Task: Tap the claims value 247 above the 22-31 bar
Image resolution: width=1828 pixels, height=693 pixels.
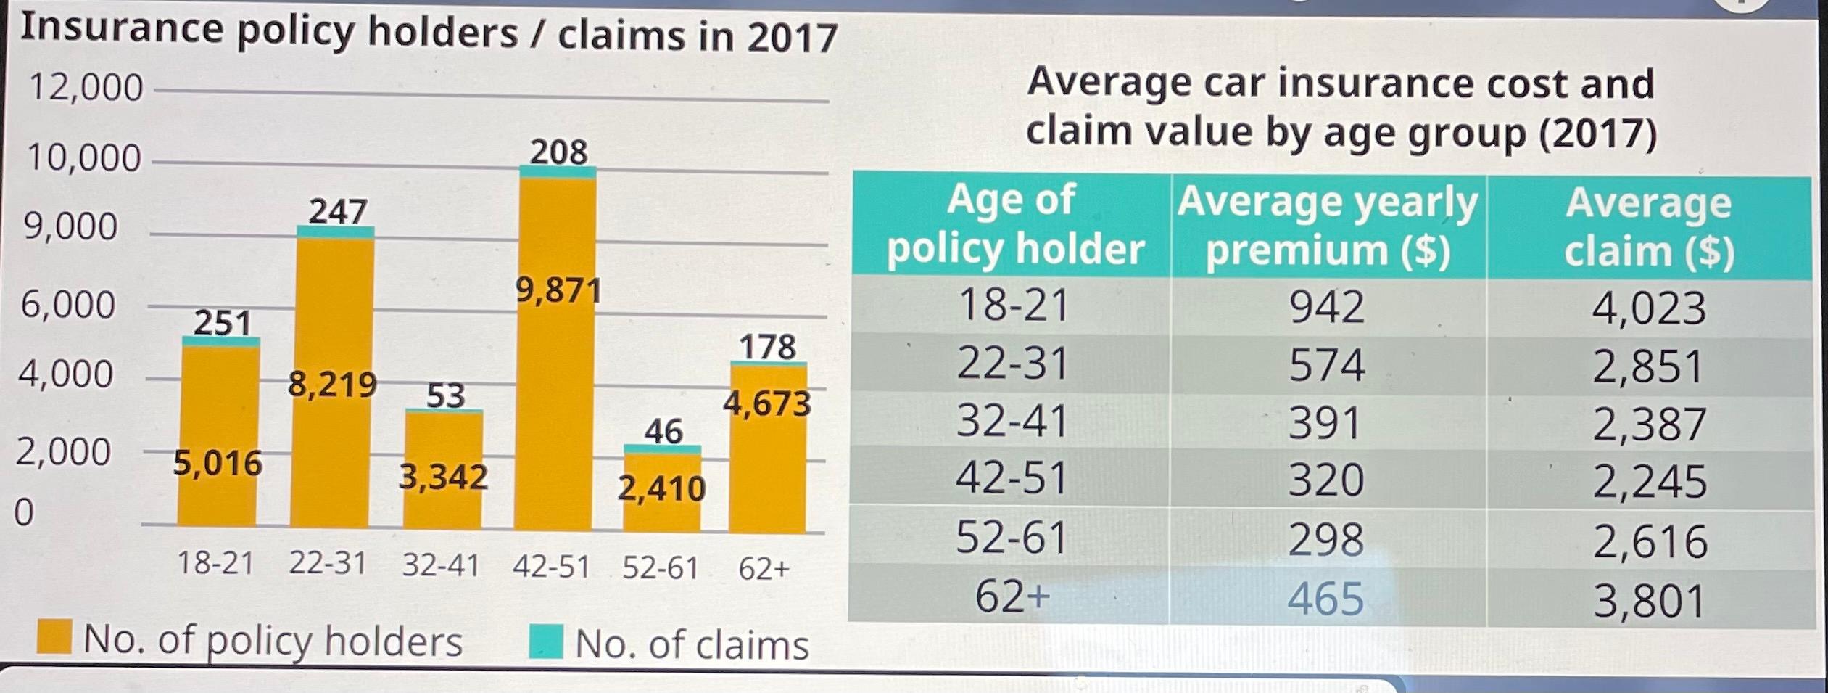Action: click(338, 211)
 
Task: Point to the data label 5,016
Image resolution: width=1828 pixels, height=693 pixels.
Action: click(218, 462)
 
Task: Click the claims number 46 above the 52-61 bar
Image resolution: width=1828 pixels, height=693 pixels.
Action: click(663, 431)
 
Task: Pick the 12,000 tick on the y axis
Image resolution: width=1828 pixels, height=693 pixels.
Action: click(86, 88)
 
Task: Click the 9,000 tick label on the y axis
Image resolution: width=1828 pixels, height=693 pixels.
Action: click(70, 226)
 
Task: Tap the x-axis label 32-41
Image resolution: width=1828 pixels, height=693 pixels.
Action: click(441, 565)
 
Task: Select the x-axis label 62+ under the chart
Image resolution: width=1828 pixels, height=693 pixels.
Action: click(764, 569)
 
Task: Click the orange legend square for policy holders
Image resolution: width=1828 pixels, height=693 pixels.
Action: click(54, 637)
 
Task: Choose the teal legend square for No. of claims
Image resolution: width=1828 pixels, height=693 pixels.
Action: click(545, 641)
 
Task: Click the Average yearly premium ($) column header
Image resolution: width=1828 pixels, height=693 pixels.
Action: click(1327, 226)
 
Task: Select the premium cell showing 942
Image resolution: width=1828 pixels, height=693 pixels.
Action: click(1326, 307)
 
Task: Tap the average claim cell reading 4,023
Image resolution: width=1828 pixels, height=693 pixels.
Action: click(1648, 308)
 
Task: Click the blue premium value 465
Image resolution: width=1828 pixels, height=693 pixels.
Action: click(1325, 599)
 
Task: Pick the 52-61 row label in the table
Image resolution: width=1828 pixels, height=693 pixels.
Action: click(1012, 538)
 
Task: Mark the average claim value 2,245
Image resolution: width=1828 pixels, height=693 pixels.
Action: click(1649, 482)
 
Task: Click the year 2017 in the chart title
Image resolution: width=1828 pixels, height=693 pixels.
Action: click(792, 38)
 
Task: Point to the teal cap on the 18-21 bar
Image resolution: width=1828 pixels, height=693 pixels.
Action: click(220, 342)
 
